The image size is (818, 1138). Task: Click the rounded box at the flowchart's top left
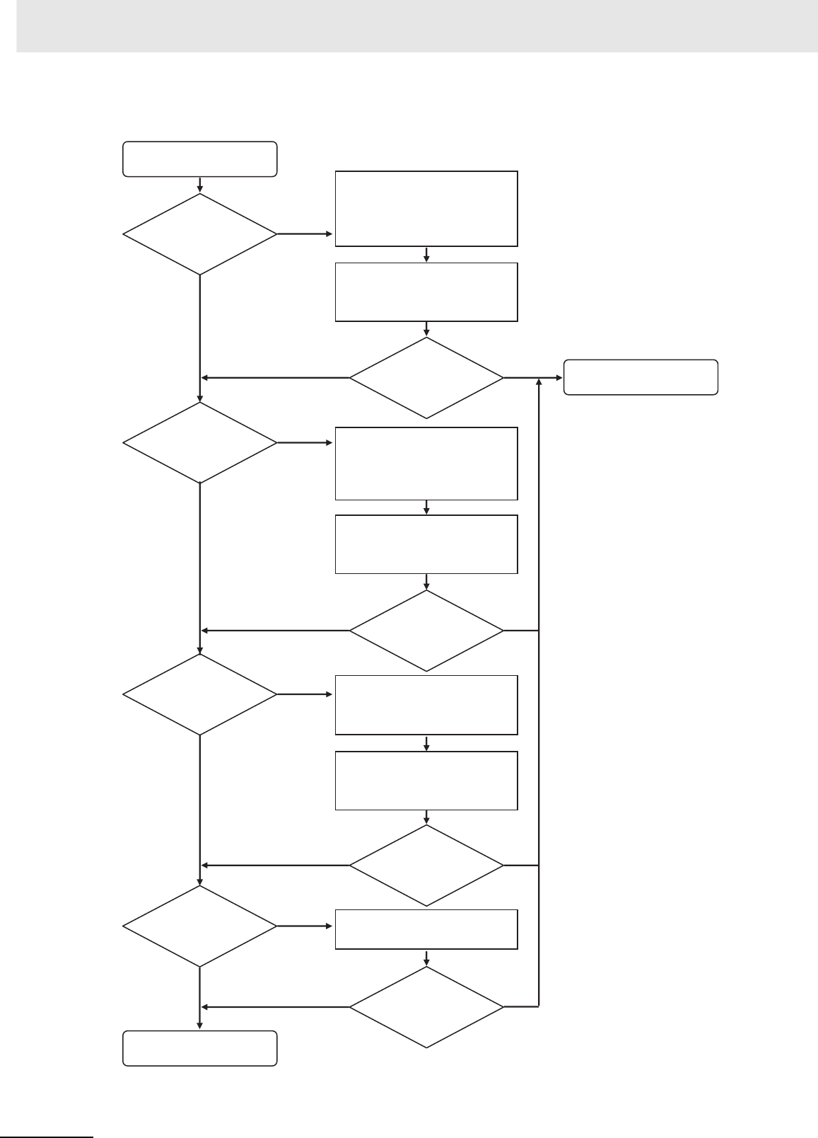(199, 159)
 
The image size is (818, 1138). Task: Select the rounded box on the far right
(641, 377)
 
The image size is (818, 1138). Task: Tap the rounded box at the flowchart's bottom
(199, 1048)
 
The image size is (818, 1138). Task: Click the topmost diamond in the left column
(200, 234)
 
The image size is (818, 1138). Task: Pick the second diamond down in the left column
(200, 443)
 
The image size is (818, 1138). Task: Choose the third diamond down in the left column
(200, 694)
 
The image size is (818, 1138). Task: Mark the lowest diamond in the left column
(200, 926)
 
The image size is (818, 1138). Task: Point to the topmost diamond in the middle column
(426, 378)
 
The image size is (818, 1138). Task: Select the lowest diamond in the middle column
(426, 1007)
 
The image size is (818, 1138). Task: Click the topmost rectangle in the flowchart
(426, 208)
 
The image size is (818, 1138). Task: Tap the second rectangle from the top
(426, 292)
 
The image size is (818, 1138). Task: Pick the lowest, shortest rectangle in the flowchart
(426, 929)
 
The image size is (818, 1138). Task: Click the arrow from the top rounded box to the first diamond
(200, 185)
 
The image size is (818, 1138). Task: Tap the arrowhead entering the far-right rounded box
(559, 378)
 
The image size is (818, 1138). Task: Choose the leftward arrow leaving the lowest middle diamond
(276, 1007)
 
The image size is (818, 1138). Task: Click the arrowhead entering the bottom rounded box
(200, 1025)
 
